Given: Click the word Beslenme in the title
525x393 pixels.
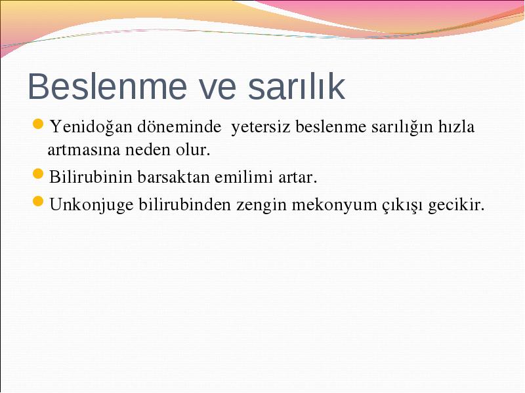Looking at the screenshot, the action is (x=107, y=86).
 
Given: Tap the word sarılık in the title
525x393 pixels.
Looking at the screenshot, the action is (x=297, y=86).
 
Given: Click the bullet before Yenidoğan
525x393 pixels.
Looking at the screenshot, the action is (x=38, y=124).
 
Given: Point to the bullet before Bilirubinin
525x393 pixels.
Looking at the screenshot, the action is (x=38, y=174).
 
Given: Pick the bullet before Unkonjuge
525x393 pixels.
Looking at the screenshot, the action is (x=38, y=202).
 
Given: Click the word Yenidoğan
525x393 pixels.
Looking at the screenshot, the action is (x=91, y=127).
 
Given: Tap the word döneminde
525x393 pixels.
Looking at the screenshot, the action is (x=179, y=126).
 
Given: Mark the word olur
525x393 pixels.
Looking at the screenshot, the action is (x=193, y=149).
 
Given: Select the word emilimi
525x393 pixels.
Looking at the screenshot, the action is (x=243, y=177).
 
